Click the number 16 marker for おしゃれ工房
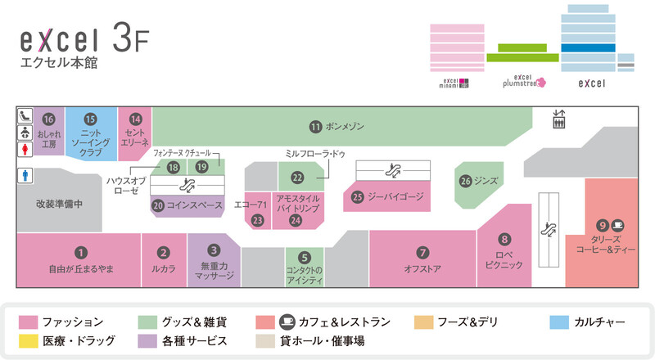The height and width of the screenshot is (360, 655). [48, 119]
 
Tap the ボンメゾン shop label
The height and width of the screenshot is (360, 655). [345, 126]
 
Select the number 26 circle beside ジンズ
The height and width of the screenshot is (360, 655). [465, 182]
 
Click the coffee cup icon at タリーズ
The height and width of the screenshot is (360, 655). [618, 226]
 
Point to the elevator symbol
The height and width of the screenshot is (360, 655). [558, 119]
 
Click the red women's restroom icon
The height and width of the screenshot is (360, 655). [25, 149]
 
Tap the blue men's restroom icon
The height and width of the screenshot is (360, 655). [25, 175]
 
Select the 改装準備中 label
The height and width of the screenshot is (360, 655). [59, 204]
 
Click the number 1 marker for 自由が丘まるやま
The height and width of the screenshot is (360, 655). [80, 253]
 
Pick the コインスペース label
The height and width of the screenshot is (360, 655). [195, 205]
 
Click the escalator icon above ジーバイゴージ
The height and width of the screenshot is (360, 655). [393, 170]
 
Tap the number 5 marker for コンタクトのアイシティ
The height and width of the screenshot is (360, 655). [304, 258]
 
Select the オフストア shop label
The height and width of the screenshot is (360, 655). [422, 269]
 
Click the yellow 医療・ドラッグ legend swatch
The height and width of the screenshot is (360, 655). [28, 341]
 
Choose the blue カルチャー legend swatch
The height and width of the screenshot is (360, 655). [559, 322]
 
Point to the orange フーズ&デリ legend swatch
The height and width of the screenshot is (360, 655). [423, 322]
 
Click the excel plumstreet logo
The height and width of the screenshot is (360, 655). [524, 81]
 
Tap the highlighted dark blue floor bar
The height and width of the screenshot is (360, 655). [588, 47]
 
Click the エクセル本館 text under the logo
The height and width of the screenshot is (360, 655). [59, 63]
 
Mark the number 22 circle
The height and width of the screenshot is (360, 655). [297, 178]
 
